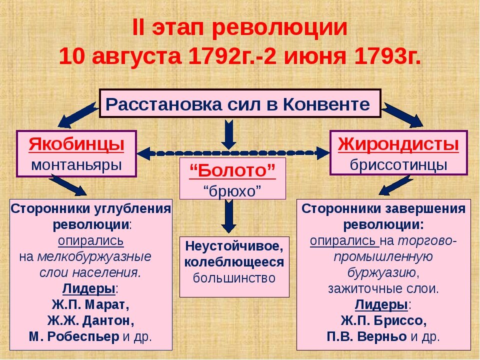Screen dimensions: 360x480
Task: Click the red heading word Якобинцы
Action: pos(76,145)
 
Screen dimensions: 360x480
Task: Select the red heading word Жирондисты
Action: pos(398,144)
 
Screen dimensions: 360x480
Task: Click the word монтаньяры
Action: pos(76,164)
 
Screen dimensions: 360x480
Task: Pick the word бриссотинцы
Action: pos(398,164)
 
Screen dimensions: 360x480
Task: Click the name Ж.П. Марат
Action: pos(90,304)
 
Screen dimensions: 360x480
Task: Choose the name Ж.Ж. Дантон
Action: pos(90,320)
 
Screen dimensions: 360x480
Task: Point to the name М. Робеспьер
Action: pos(73,336)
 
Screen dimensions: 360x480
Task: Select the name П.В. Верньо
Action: pos(367,336)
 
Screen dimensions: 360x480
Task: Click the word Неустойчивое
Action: pos(234,246)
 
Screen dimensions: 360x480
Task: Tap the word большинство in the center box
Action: pos(234,278)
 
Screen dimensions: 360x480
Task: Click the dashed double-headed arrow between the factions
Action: pos(232,152)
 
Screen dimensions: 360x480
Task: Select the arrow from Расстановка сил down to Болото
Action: pos(229,133)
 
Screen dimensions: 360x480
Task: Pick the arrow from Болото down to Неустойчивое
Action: pos(229,215)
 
